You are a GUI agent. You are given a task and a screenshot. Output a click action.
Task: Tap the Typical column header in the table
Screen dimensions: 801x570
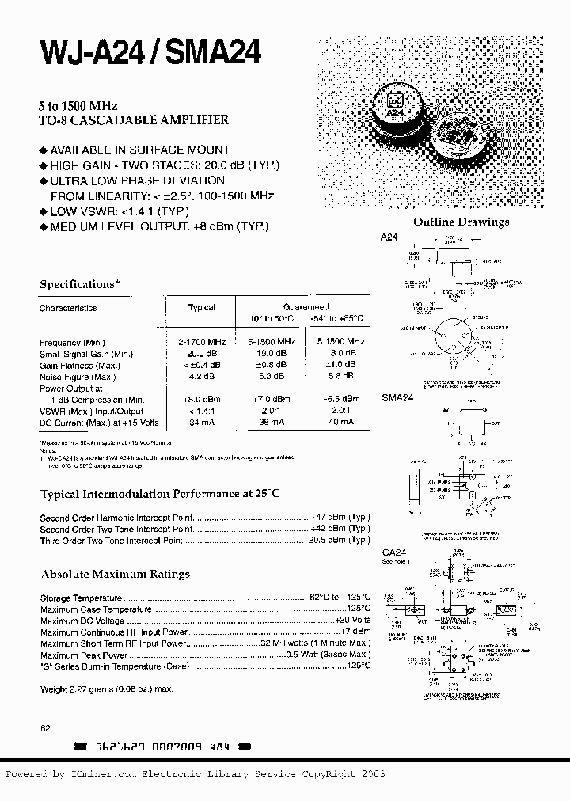pyautogui.click(x=201, y=308)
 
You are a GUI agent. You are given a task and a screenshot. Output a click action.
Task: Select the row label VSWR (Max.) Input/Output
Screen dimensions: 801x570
pyautogui.click(x=91, y=411)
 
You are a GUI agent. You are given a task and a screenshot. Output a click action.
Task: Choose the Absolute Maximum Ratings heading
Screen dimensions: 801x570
pyautogui.click(x=115, y=574)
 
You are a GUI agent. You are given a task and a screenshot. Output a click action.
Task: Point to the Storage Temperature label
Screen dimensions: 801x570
pyautogui.click(x=81, y=598)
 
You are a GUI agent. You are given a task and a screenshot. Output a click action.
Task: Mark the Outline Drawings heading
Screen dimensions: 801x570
pyautogui.click(x=462, y=222)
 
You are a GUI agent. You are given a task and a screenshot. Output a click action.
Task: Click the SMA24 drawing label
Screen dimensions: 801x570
pyautogui.click(x=398, y=398)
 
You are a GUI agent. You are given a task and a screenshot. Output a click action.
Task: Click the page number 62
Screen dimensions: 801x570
pyautogui.click(x=45, y=727)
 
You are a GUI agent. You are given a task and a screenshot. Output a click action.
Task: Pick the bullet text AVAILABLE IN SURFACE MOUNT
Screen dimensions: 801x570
pyautogui.click(x=139, y=150)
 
